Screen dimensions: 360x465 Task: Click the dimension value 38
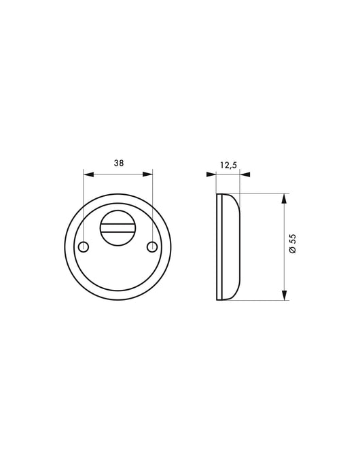tap(119, 163)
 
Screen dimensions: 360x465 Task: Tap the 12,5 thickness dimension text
tap(228, 165)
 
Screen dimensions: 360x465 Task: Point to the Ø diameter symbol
tap(293, 249)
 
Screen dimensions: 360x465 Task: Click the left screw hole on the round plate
tap(84, 246)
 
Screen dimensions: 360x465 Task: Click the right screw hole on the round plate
tap(153, 246)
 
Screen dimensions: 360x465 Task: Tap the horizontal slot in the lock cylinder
tap(118, 228)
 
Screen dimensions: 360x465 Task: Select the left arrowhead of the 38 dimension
tap(88, 174)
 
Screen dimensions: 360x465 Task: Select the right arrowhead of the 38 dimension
tap(148, 174)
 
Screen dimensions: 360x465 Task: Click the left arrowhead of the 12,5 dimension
tap(211, 174)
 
